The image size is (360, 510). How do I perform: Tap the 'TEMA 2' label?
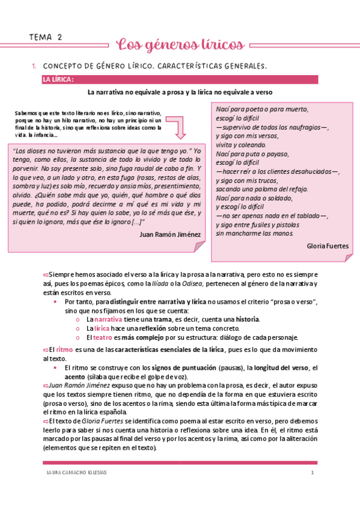(x=46, y=37)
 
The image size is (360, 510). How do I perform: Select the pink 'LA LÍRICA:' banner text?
(x=58, y=80)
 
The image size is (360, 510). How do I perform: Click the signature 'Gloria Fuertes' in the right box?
(x=327, y=246)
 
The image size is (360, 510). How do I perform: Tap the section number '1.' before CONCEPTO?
(x=34, y=66)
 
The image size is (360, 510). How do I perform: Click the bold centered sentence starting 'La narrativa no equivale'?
(x=180, y=93)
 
